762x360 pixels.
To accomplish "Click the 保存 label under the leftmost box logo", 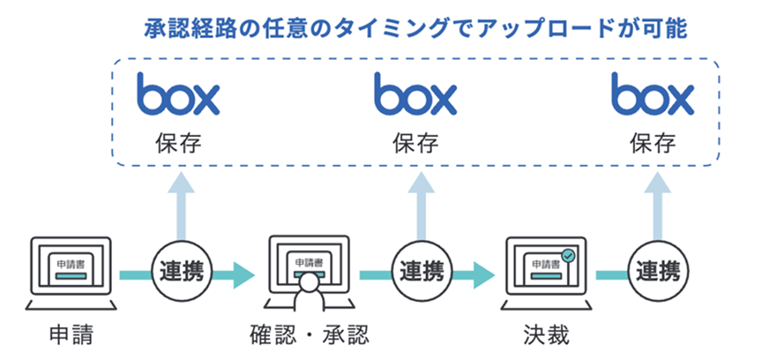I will tap(178, 142).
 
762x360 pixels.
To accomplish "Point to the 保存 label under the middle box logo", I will tap(416, 142).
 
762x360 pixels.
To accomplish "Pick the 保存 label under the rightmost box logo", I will tap(653, 142).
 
